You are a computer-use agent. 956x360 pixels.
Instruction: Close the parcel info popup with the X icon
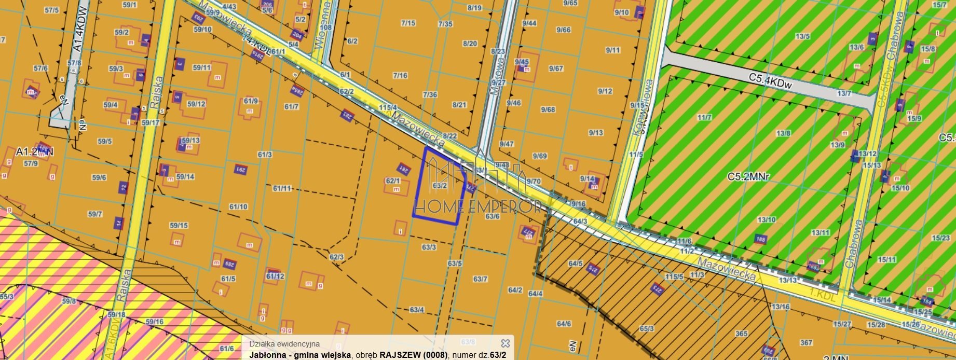tap(505, 343)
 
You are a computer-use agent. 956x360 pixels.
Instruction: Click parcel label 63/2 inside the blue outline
tap(440, 185)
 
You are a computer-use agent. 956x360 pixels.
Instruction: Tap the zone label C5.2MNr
tap(748, 176)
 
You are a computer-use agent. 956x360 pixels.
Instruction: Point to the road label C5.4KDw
tap(770, 80)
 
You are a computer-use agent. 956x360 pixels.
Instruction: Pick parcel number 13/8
tap(783, 133)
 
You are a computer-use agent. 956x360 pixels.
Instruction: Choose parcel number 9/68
tap(548, 109)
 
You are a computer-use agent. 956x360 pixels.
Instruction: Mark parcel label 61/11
tap(282, 188)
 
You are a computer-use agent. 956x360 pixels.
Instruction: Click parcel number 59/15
tap(179, 225)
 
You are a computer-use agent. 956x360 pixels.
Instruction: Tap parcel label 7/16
tap(400, 76)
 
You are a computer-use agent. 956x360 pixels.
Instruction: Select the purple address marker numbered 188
tap(761, 239)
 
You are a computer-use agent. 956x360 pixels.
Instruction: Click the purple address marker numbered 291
tap(240, 169)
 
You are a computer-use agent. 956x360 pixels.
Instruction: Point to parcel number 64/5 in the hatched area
tap(575, 264)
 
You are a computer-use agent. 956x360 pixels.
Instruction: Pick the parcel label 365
tap(741, 334)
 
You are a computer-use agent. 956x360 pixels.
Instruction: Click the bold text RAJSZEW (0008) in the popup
tap(413, 355)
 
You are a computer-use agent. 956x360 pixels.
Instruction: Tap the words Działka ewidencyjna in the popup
tap(284, 343)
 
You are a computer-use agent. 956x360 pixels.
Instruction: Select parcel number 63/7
tap(480, 279)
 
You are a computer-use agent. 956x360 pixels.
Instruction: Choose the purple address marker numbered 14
tap(118, 224)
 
